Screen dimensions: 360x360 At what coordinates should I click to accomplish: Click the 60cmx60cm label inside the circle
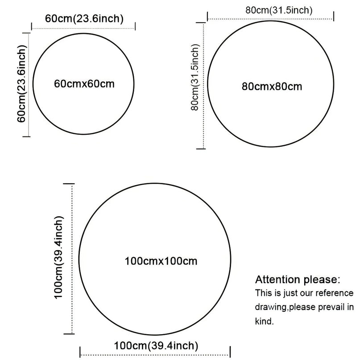pyautogui.click(x=84, y=84)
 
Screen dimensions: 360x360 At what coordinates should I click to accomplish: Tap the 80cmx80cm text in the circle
pyautogui.click(x=272, y=87)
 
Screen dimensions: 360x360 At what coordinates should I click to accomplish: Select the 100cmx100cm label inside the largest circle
pyautogui.click(x=161, y=261)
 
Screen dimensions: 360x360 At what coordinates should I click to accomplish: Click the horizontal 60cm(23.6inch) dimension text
pyautogui.click(x=84, y=19)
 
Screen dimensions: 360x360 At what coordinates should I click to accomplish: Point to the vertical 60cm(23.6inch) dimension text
pyautogui.click(x=22, y=83)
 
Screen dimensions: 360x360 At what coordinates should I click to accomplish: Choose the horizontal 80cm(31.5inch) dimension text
pyautogui.click(x=279, y=10)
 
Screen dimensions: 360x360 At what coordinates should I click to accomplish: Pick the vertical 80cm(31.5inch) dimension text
pyautogui.click(x=195, y=77)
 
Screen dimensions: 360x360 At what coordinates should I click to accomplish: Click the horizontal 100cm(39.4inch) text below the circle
pyautogui.click(x=156, y=346)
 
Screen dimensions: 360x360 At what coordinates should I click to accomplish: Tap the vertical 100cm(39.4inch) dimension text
pyautogui.click(x=58, y=257)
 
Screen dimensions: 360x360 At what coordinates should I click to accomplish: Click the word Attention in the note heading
pyautogui.click(x=277, y=280)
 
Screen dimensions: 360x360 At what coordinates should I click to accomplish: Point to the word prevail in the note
pyautogui.click(x=331, y=307)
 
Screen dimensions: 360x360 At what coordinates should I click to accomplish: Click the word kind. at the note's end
pyautogui.click(x=265, y=321)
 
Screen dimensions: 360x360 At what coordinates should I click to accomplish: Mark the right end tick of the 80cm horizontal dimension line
pyautogui.click(x=334, y=17)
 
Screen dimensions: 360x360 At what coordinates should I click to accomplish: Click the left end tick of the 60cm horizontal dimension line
pyautogui.click(x=32, y=26)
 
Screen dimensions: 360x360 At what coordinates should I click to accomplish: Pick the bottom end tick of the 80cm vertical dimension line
pyautogui.click(x=201, y=149)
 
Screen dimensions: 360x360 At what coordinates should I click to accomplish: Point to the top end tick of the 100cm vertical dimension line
pyautogui.click(x=69, y=184)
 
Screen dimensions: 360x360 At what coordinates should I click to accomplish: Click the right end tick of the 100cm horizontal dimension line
pyautogui.click(x=230, y=352)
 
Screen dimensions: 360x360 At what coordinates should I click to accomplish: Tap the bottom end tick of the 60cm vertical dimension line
pyautogui.click(x=26, y=137)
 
